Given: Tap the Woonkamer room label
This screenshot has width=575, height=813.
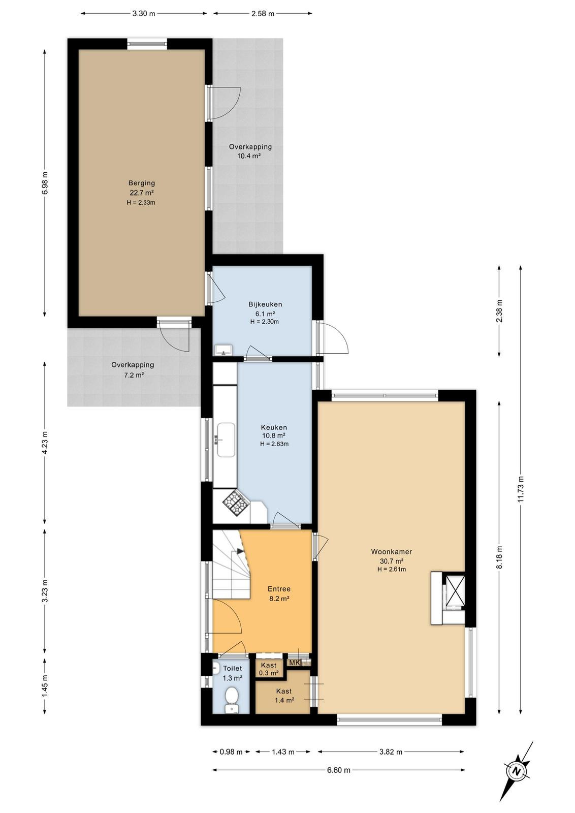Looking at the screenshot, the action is [x=392, y=552].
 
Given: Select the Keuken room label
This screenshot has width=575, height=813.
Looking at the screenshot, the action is [x=274, y=427].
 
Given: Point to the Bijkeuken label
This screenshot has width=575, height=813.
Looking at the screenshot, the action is [x=265, y=304].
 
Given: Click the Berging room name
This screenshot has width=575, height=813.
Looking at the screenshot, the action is [x=142, y=183].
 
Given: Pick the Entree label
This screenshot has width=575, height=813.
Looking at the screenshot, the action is [x=279, y=589].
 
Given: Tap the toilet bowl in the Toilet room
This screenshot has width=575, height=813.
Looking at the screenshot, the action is [x=231, y=697].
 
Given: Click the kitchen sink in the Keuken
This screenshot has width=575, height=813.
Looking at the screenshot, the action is [x=226, y=440].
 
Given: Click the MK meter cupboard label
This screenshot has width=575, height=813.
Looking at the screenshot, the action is [x=294, y=663].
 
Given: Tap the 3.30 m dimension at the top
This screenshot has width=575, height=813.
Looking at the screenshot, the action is [x=144, y=14].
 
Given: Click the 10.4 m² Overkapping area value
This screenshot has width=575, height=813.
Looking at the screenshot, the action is [x=249, y=156].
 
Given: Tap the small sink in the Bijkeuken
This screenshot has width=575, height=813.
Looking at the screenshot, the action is [x=224, y=350].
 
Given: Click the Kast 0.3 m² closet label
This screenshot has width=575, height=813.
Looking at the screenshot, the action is [x=269, y=669].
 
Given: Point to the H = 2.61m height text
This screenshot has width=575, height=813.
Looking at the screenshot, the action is [x=392, y=569].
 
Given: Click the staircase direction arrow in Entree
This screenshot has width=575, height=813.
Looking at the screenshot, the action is [x=241, y=551].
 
